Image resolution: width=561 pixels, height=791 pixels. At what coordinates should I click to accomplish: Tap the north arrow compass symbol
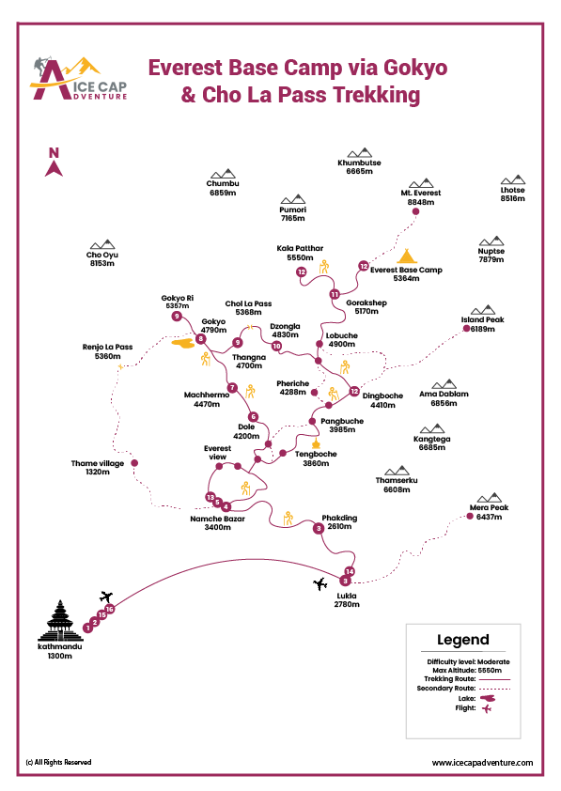point(54,163)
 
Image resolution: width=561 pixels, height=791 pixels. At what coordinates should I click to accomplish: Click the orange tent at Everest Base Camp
point(406,256)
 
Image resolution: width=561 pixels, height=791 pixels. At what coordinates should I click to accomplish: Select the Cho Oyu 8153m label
point(101,259)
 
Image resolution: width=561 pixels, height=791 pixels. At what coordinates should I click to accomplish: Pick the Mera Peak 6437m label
point(488,512)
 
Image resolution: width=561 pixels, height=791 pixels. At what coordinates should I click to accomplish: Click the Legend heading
point(462,640)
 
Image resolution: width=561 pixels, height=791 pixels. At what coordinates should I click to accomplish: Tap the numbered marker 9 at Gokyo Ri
point(176,317)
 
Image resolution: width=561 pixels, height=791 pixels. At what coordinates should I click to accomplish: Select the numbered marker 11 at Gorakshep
point(334,294)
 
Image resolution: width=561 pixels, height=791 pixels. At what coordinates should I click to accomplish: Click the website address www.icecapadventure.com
point(482,763)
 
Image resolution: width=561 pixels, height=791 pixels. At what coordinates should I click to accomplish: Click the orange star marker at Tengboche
point(316,442)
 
